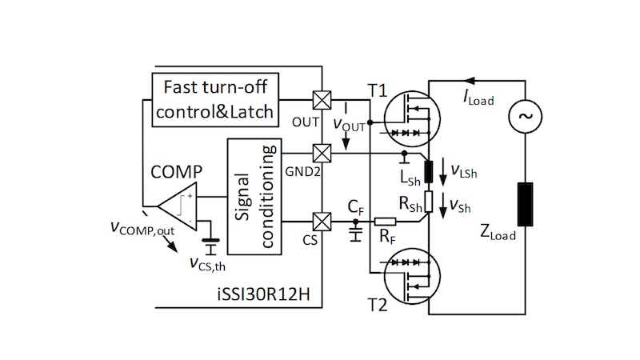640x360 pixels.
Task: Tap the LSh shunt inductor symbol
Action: click(429, 170)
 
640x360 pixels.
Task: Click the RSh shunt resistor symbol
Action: click(429, 202)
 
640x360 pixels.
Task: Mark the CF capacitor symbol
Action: click(356, 232)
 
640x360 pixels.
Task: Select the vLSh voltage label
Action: click(466, 170)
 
